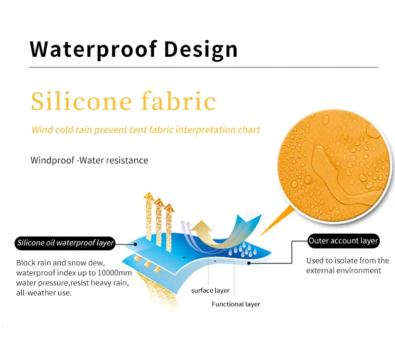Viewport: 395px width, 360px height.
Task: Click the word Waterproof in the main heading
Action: (93, 49)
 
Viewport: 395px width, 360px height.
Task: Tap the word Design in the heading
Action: (201, 49)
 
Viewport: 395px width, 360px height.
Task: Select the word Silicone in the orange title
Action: (81, 101)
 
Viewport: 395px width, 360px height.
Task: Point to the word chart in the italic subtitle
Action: (249, 130)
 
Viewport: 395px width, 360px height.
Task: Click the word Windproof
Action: (52, 160)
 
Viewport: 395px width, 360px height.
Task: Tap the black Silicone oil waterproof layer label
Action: (65, 243)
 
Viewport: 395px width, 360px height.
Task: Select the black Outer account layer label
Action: (343, 241)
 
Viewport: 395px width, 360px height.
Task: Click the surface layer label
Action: (210, 290)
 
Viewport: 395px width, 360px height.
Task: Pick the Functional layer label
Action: (236, 304)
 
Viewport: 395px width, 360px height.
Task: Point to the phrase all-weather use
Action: (44, 293)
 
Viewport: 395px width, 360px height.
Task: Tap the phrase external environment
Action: (344, 271)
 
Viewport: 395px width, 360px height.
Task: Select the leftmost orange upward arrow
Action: (149, 216)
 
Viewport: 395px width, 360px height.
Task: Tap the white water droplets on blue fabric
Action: (242, 249)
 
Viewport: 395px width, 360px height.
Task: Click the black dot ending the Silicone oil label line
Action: (135, 244)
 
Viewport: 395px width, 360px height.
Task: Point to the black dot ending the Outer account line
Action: (249, 263)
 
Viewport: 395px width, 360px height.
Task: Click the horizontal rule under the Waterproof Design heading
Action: (203, 67)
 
